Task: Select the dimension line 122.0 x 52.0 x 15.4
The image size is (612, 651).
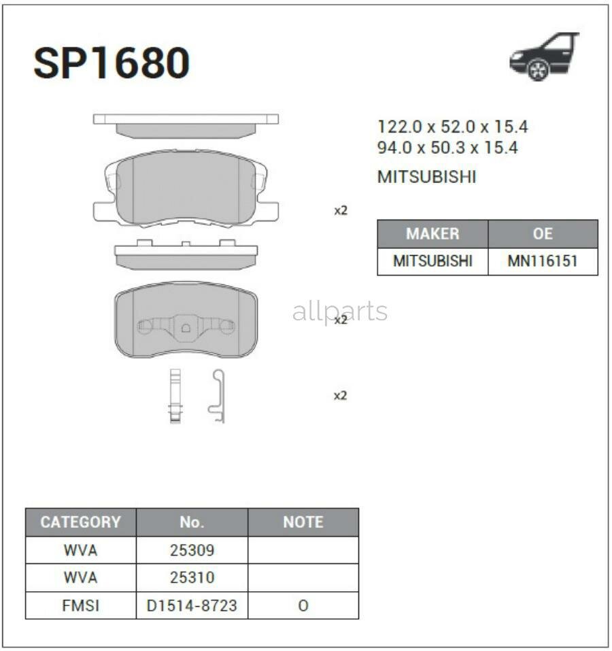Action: click(452, 127)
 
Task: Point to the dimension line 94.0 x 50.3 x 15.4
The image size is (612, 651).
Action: click(447, 148)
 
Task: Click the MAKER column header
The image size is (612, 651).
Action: click(432, 234)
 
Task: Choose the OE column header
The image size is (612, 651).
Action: click(543, 234)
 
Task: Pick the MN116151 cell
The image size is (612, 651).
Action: click(543, 261)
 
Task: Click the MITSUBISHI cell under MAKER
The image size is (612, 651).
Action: click(432, 261)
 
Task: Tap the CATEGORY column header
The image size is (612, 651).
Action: click(80, 522)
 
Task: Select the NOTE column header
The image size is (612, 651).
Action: click(303, 522)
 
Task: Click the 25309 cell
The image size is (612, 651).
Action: click(192, 550)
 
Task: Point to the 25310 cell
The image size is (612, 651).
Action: click(192, 578)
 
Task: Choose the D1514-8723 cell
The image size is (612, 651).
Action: click(192, 605)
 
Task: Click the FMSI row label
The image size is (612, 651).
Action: click(80, 605)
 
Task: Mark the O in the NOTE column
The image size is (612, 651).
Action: click(303, 605)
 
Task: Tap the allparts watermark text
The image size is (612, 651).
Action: click(340, 312)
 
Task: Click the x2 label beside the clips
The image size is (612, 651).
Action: click(340, 395)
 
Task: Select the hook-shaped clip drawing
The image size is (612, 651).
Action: click(217, 396)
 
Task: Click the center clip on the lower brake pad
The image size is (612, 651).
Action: click(186, 327)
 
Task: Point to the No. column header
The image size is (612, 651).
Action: click(192, 522)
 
